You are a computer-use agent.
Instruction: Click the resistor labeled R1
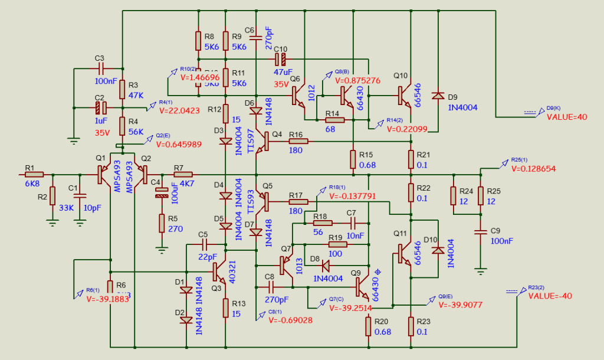(x=34, y=175)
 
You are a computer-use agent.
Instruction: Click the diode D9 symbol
(x=438, y=95)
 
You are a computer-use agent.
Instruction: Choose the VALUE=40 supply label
(x=567, y=117)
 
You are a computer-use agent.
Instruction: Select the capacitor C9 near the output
(x=481, y=231)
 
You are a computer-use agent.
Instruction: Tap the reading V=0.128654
(x=535, y=168)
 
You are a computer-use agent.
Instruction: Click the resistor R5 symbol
(x=161, y=223)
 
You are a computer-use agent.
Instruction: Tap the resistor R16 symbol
(x=298, y=141)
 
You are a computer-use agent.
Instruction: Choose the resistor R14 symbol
(x=334, y=120)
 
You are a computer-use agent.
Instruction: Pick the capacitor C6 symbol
(x=256, y=39)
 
